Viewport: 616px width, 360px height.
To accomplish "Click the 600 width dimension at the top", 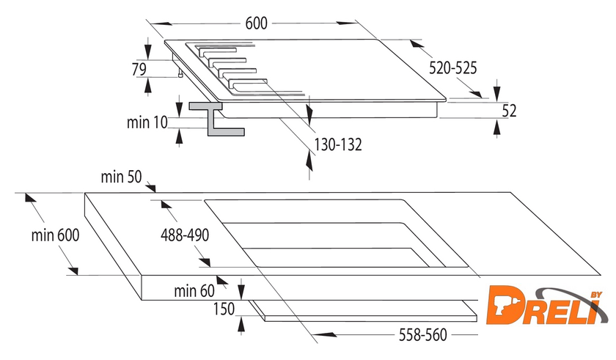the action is click(x=256, y=23).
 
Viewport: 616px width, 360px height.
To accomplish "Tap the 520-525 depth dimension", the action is click(x=452, y=68).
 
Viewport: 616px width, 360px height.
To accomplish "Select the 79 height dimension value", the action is click(x=139, y=69).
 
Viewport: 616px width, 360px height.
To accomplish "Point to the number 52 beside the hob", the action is click(x=509, y=111).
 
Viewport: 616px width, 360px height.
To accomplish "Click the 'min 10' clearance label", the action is click(x=147, y=122).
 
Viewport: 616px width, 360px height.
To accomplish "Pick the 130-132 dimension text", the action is click(x=338, y=144).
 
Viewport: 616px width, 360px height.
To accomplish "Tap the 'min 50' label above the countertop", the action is click(x=121, y=177).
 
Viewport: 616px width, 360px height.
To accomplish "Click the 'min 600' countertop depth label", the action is click(x=56, y=235).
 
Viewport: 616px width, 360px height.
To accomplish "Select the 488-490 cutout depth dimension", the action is click(x=185, y=235).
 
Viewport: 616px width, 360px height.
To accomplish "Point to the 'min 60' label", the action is click(x=194, y=291).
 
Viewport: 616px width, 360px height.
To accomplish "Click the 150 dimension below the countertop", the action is click(x=224, y=309).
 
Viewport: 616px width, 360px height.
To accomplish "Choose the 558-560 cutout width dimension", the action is click(x=423, y=335).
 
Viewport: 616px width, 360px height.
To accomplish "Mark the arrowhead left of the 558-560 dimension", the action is click(x=326, y=335).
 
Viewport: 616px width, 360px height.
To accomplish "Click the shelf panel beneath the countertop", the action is click(x=364, y=311).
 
